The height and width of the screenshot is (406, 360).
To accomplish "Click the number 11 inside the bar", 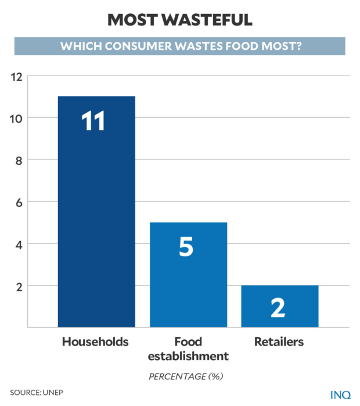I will click(x=93, y=121).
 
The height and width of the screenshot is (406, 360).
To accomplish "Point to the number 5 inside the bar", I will click(x=186, y=247).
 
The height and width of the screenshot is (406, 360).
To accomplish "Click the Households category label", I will click(x=95, y=342).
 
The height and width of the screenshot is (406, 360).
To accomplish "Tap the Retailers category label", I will click(x=279, y=342).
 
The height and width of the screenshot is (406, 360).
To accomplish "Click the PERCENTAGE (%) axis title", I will click(x=186, y=376).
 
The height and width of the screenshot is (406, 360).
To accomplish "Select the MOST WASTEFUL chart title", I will click(x=180, y=20).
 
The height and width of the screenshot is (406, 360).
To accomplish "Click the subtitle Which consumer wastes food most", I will click(x=180, y=46).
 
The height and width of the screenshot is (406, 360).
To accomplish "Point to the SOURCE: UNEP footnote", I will click(x=36, y=393).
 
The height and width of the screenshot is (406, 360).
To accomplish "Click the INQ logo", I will click(x=340, y=394).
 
